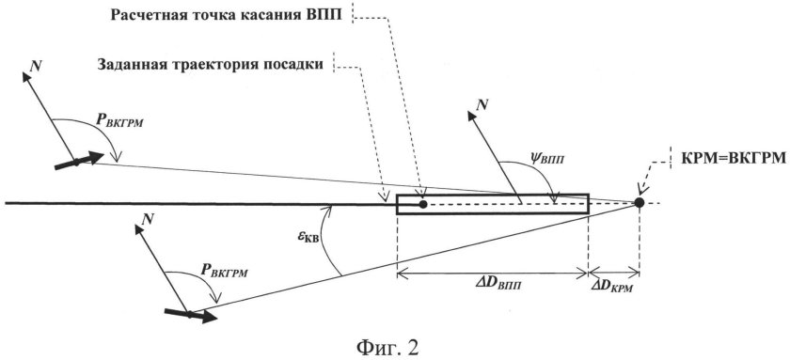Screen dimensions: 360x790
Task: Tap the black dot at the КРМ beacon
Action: [x=639, y=202]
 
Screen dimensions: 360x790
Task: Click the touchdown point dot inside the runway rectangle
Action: [x=423, y=203]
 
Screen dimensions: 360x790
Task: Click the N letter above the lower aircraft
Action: [x=145, y=219]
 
